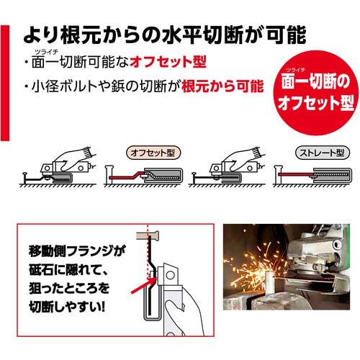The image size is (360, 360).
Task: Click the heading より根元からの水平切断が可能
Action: tap(165, 35)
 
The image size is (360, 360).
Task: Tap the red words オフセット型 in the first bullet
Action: tap(168, 62)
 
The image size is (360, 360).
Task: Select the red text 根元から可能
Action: tap(222, 86)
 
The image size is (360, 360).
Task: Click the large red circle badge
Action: tap(316, 93)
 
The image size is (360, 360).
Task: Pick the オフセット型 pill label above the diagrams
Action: tap(153, 153)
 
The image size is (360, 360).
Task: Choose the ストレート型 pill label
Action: tap(323, 153)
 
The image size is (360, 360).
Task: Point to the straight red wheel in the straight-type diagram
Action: tap(296, 174)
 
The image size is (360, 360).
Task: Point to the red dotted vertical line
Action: tap(148, 251)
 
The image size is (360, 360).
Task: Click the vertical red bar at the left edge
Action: tap(5, 83)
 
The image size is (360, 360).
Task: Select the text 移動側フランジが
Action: tap(76, 251)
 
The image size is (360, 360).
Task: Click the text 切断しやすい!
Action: tap(67, 307)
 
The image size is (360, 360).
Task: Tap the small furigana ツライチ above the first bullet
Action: tap(46, 52)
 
